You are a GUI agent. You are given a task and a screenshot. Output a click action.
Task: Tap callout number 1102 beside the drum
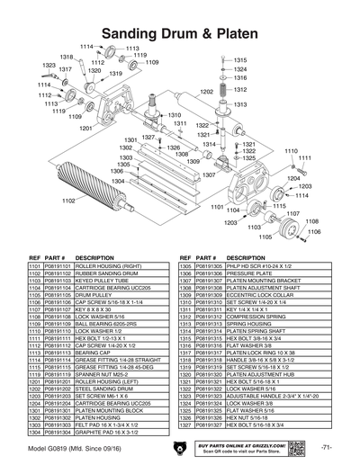(x=67, y=201)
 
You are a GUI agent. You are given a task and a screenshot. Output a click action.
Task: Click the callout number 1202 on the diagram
(x=205, y=92)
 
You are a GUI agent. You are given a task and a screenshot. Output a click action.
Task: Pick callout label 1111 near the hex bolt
(x=304, y=158)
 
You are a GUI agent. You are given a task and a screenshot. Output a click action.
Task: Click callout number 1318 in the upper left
(x=66, y=57)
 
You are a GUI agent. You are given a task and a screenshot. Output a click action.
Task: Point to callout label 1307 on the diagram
(x=209, y=174)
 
